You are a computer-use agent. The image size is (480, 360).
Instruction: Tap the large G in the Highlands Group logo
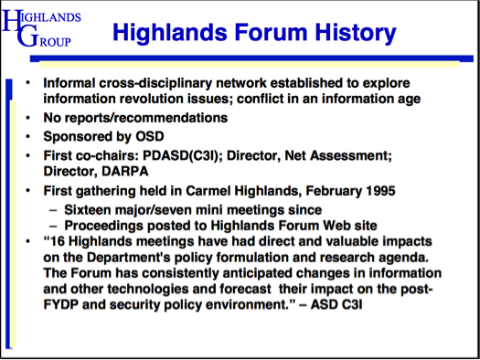(31, 37)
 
